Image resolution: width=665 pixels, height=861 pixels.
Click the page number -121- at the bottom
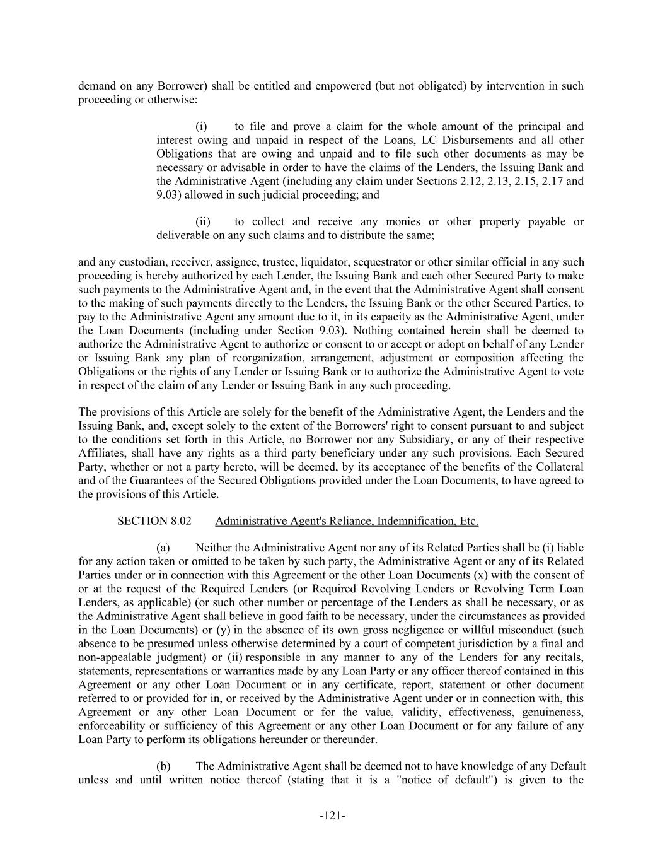click(332, 816)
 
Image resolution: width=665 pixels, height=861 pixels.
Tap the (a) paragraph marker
click(163, 548)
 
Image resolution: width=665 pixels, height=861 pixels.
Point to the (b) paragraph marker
click(163, 766)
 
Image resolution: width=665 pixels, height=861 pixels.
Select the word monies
click(403, 222)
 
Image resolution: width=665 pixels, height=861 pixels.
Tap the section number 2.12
click(470, 182)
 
